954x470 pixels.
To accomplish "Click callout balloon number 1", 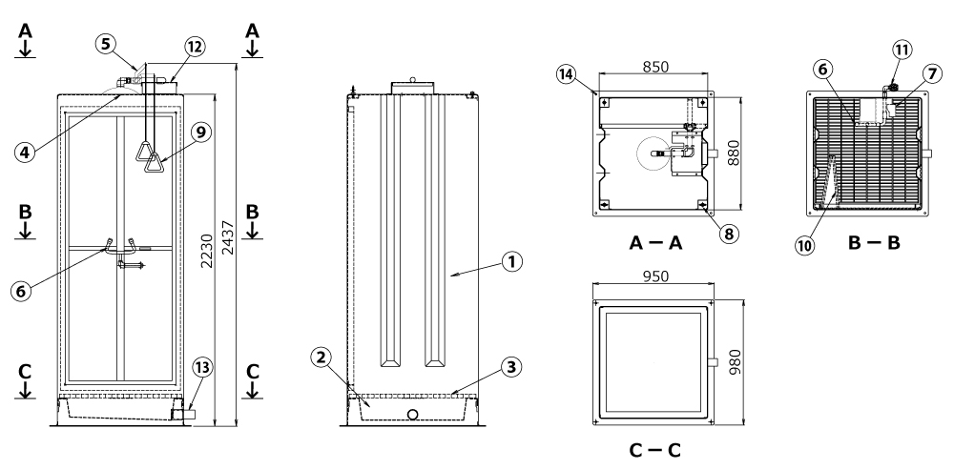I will coord(513,259).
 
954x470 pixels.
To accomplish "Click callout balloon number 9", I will coord(200,134).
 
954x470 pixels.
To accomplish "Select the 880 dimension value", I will coord(734,153).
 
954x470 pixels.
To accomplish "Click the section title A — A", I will coord(655,243).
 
